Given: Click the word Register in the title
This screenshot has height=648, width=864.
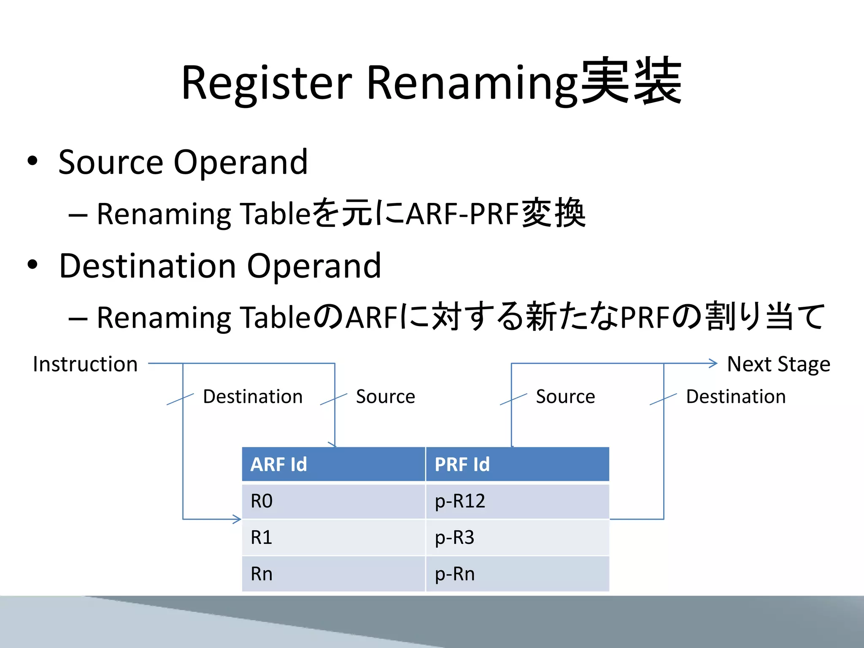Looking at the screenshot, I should coord(266,83).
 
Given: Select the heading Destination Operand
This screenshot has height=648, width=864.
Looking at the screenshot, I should coord(220,266).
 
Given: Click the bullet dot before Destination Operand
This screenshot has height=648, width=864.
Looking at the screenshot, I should coord(32,265).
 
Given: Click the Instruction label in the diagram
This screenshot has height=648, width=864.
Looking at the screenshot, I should coord(85,364).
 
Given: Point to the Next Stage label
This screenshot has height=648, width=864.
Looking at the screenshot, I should coord(778,364).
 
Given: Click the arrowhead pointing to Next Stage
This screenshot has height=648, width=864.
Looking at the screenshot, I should coord(713,363).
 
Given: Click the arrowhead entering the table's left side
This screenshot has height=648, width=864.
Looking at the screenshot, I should coord(238,519).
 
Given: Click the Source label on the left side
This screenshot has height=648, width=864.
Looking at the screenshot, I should coord(385,397).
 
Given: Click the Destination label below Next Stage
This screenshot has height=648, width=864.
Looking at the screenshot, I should coord(736,397).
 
